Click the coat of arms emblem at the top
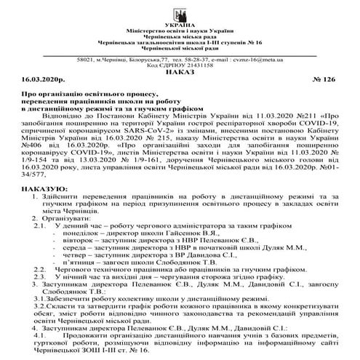point(179,12)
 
